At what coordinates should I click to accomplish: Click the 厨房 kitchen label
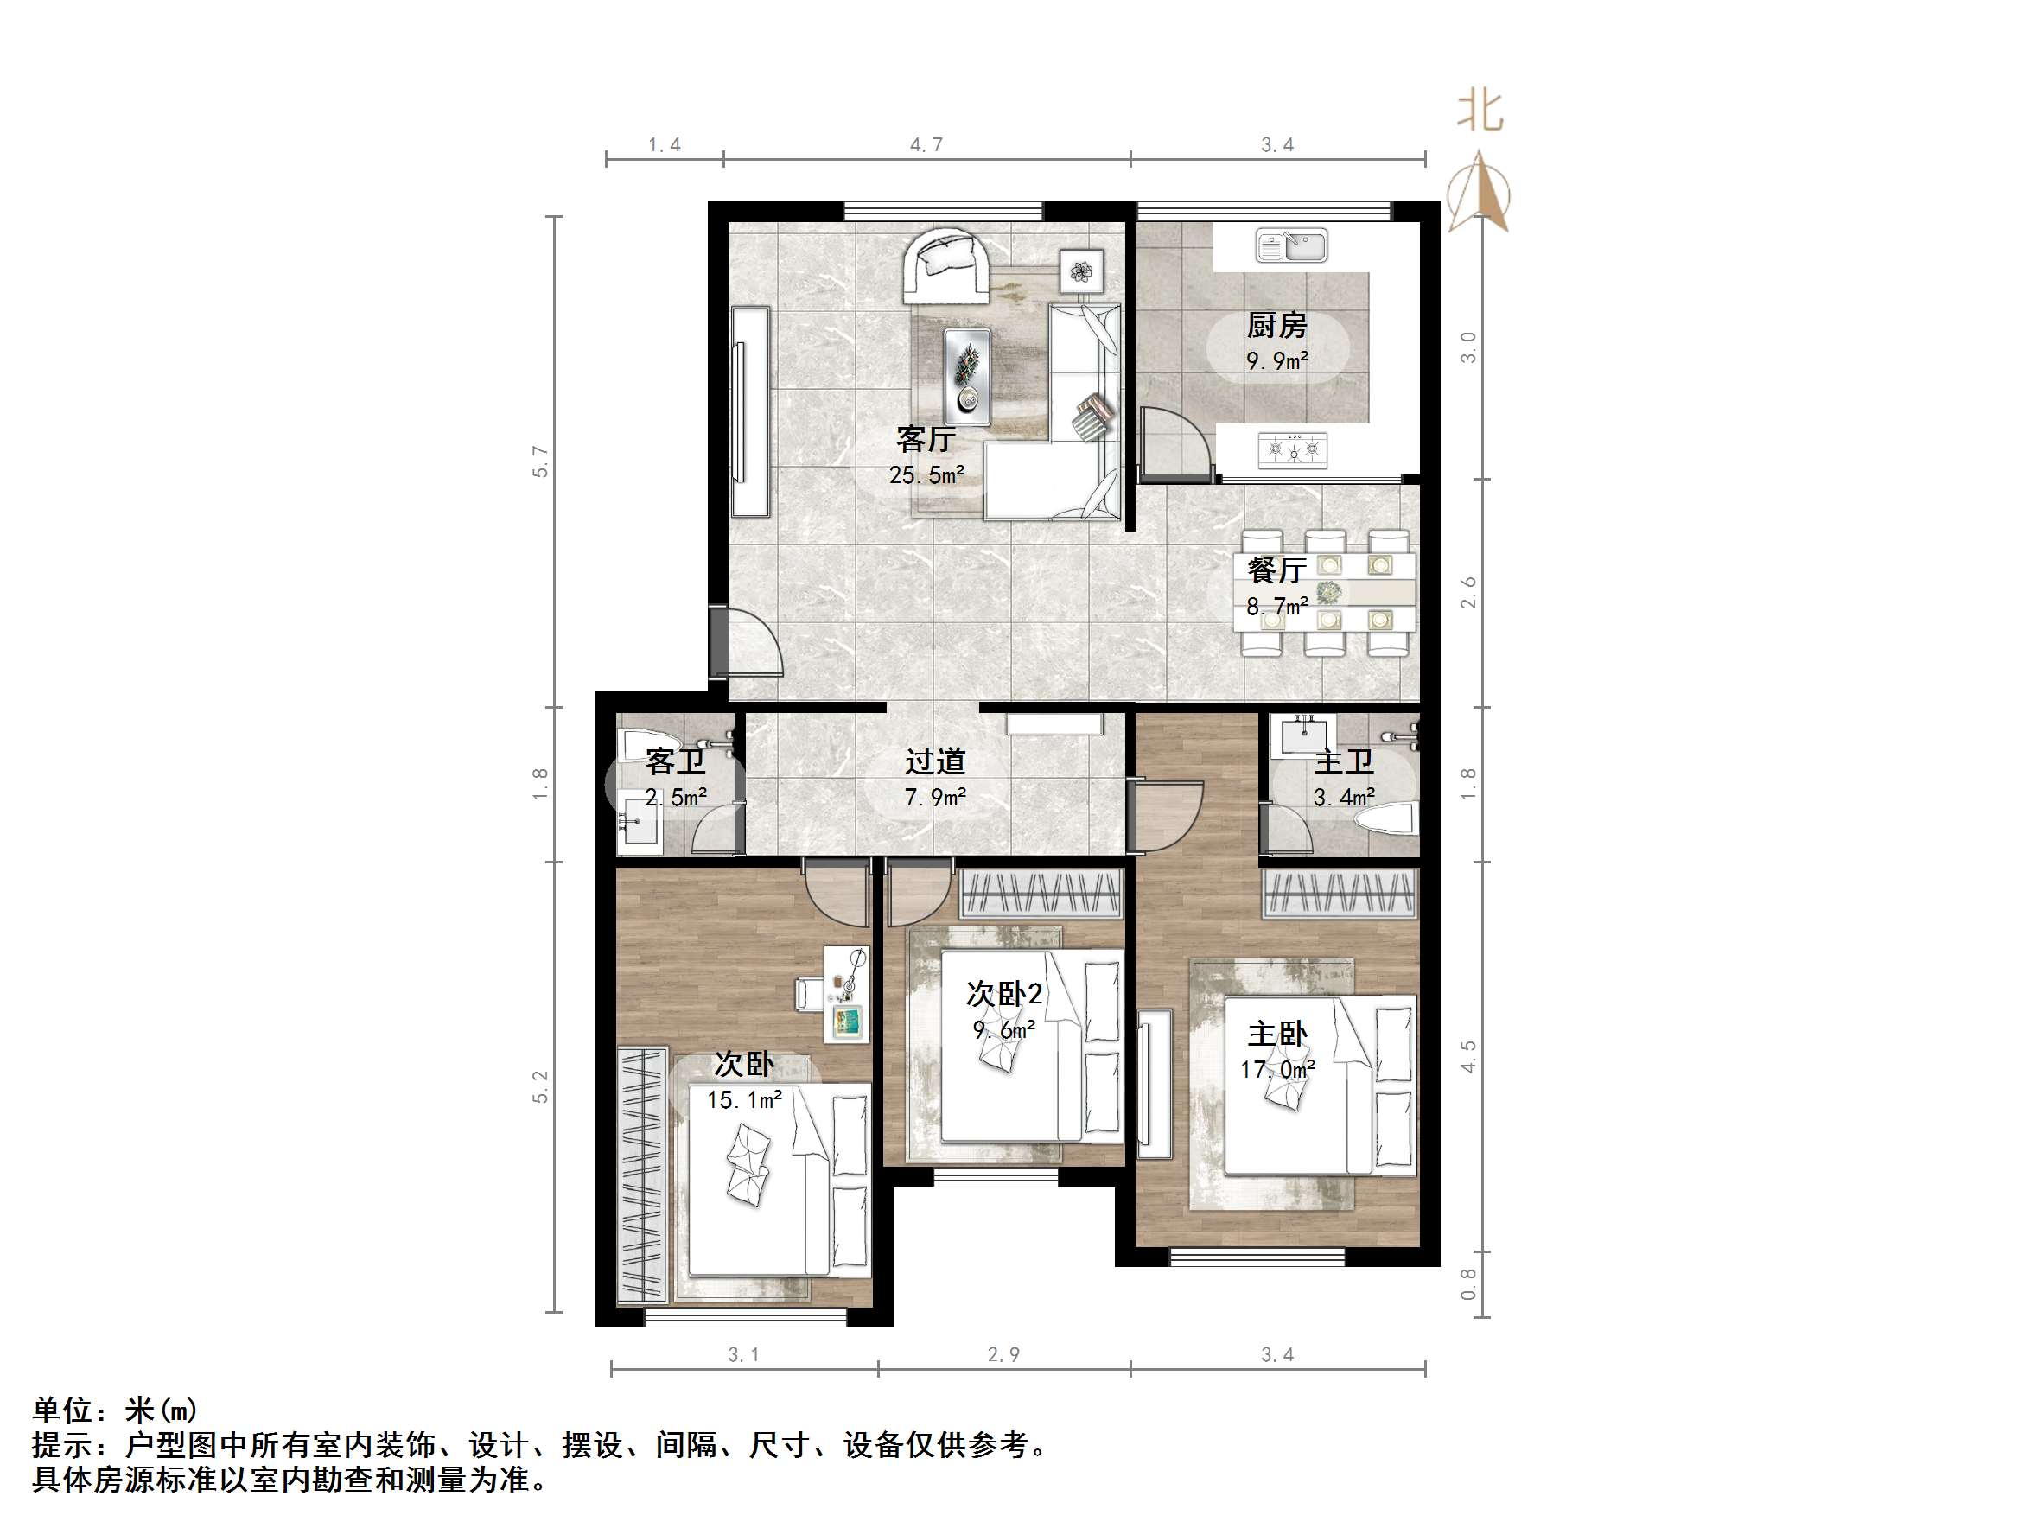(x=1276, y=325)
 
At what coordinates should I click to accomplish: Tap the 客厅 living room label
(x=926, y=438)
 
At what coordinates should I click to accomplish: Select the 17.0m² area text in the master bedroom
(x=1277, y=1069)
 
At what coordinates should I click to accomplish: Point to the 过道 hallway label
(x=935, y=761)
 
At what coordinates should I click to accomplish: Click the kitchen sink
(x=1291, y=246)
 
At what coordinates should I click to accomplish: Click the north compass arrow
(x=1478, y=194)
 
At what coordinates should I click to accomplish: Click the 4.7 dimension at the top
(x=926, y=144)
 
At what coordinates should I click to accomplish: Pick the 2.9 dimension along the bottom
(x=1003, y=1355)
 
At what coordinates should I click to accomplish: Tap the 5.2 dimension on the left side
(x=540, y=1087)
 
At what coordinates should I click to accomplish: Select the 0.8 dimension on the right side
(x=1467, y=1284)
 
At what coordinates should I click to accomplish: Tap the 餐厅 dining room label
(x=1276, y=570)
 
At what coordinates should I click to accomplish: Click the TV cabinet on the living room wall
(x=750, y=411)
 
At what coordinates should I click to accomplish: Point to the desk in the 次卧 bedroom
(x=846, y=995)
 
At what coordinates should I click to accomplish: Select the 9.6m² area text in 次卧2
(x=1003, y=1028)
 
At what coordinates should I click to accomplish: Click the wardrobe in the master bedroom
(x=1339, y=893)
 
